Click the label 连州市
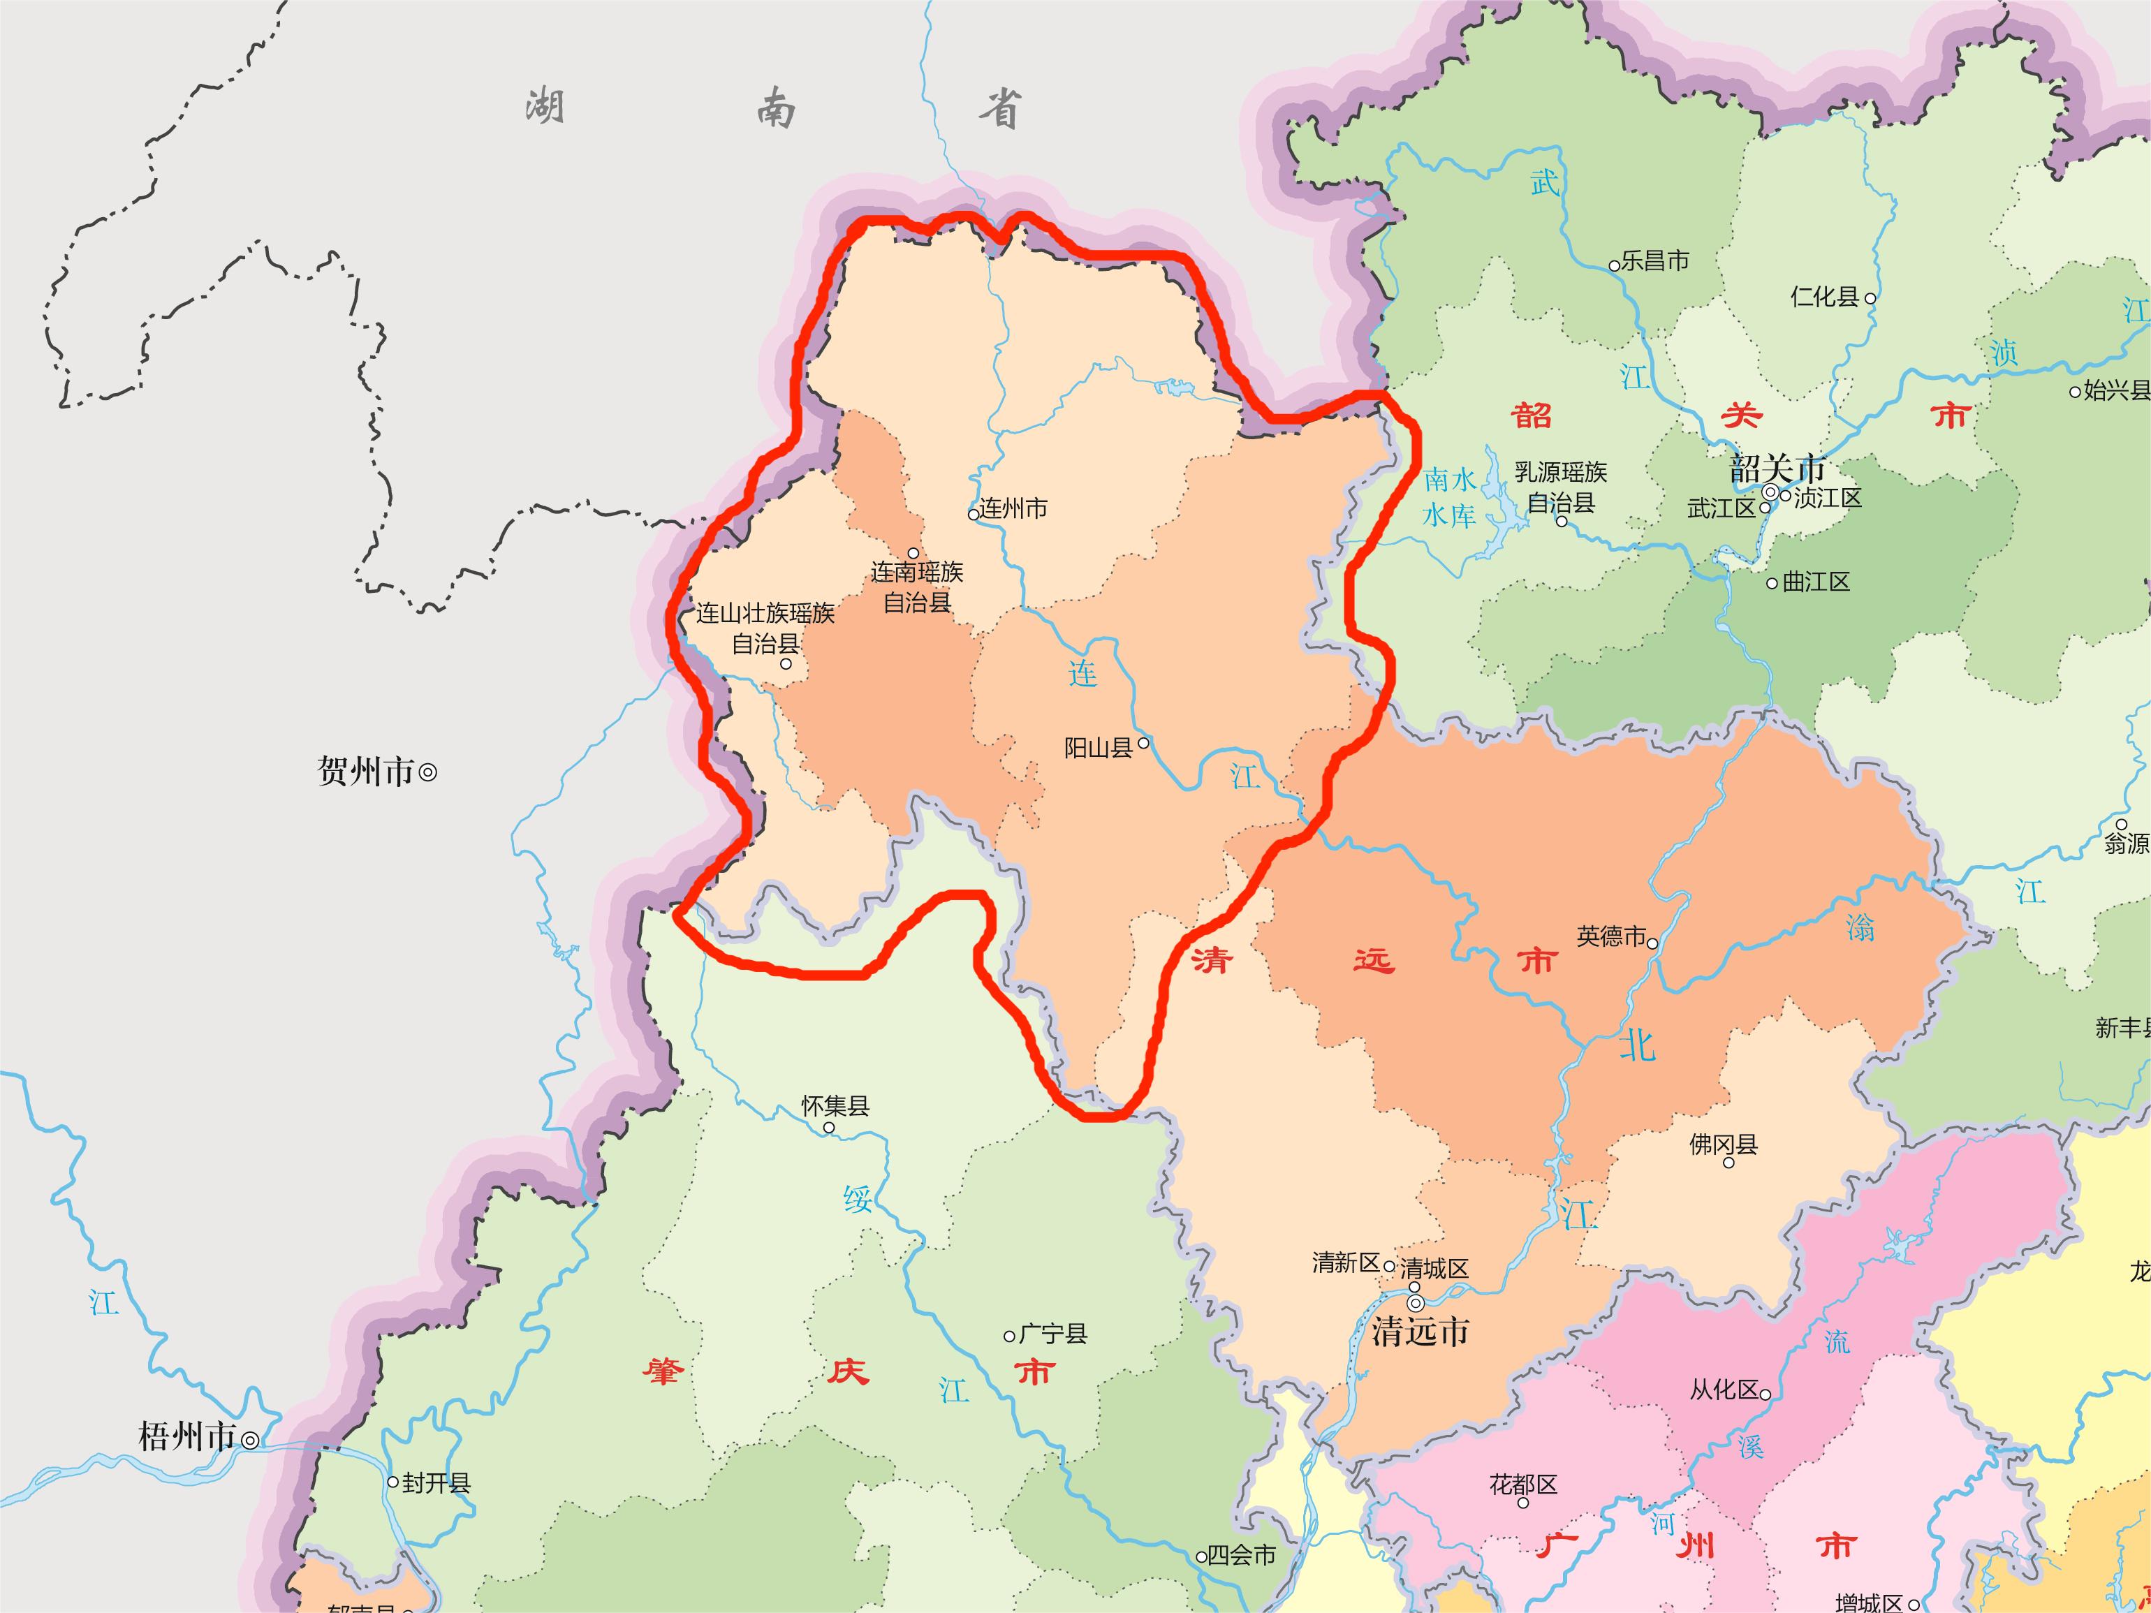(x=1013, y=508)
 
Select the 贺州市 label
(x=366, y=772)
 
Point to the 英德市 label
(x=1610, y=936)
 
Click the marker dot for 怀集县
(x=828, y=1128)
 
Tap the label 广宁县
(x=1052, y=1334)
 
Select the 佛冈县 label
(x=1723, y=1144)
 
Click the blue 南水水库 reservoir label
(x=1450, y=497)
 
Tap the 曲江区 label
(x=1816, y=582)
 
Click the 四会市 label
(x=1241, y=1556)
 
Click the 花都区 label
(x=1523, y=1485)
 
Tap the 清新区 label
(x=1346, y=1264)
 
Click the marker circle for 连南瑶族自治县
(x=913, y=553)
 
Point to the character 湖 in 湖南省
(x=545, y=105)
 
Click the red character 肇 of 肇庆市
(x=663, y=1372)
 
